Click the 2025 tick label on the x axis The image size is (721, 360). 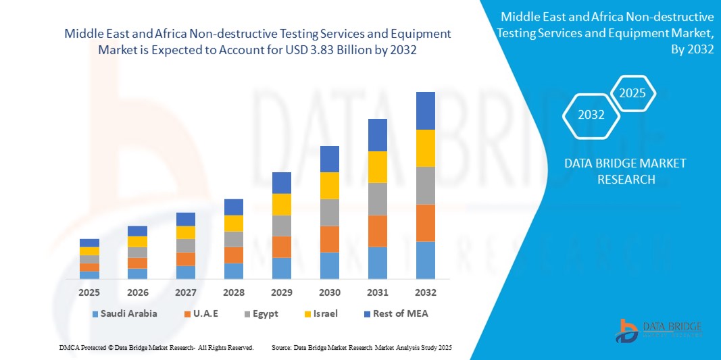[x=89, y=292]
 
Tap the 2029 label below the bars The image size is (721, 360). [x=282, y=292]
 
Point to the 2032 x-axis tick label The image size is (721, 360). [x=426, y=292]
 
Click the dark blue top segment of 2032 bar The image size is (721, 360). [x=426, y=111]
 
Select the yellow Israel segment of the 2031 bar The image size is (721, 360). [x=378, y=167]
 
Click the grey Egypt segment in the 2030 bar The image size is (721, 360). [x=330, y=212]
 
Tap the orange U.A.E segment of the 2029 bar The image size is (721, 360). [x=282, y=247]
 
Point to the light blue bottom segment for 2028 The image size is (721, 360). [x=234, y=271]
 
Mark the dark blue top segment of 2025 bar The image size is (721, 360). [x=89, y=242]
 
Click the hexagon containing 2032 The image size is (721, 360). [x=591, y=115]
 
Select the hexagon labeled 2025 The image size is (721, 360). [x=633, y=93]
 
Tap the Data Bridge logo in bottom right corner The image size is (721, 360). [x=659, y=329]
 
